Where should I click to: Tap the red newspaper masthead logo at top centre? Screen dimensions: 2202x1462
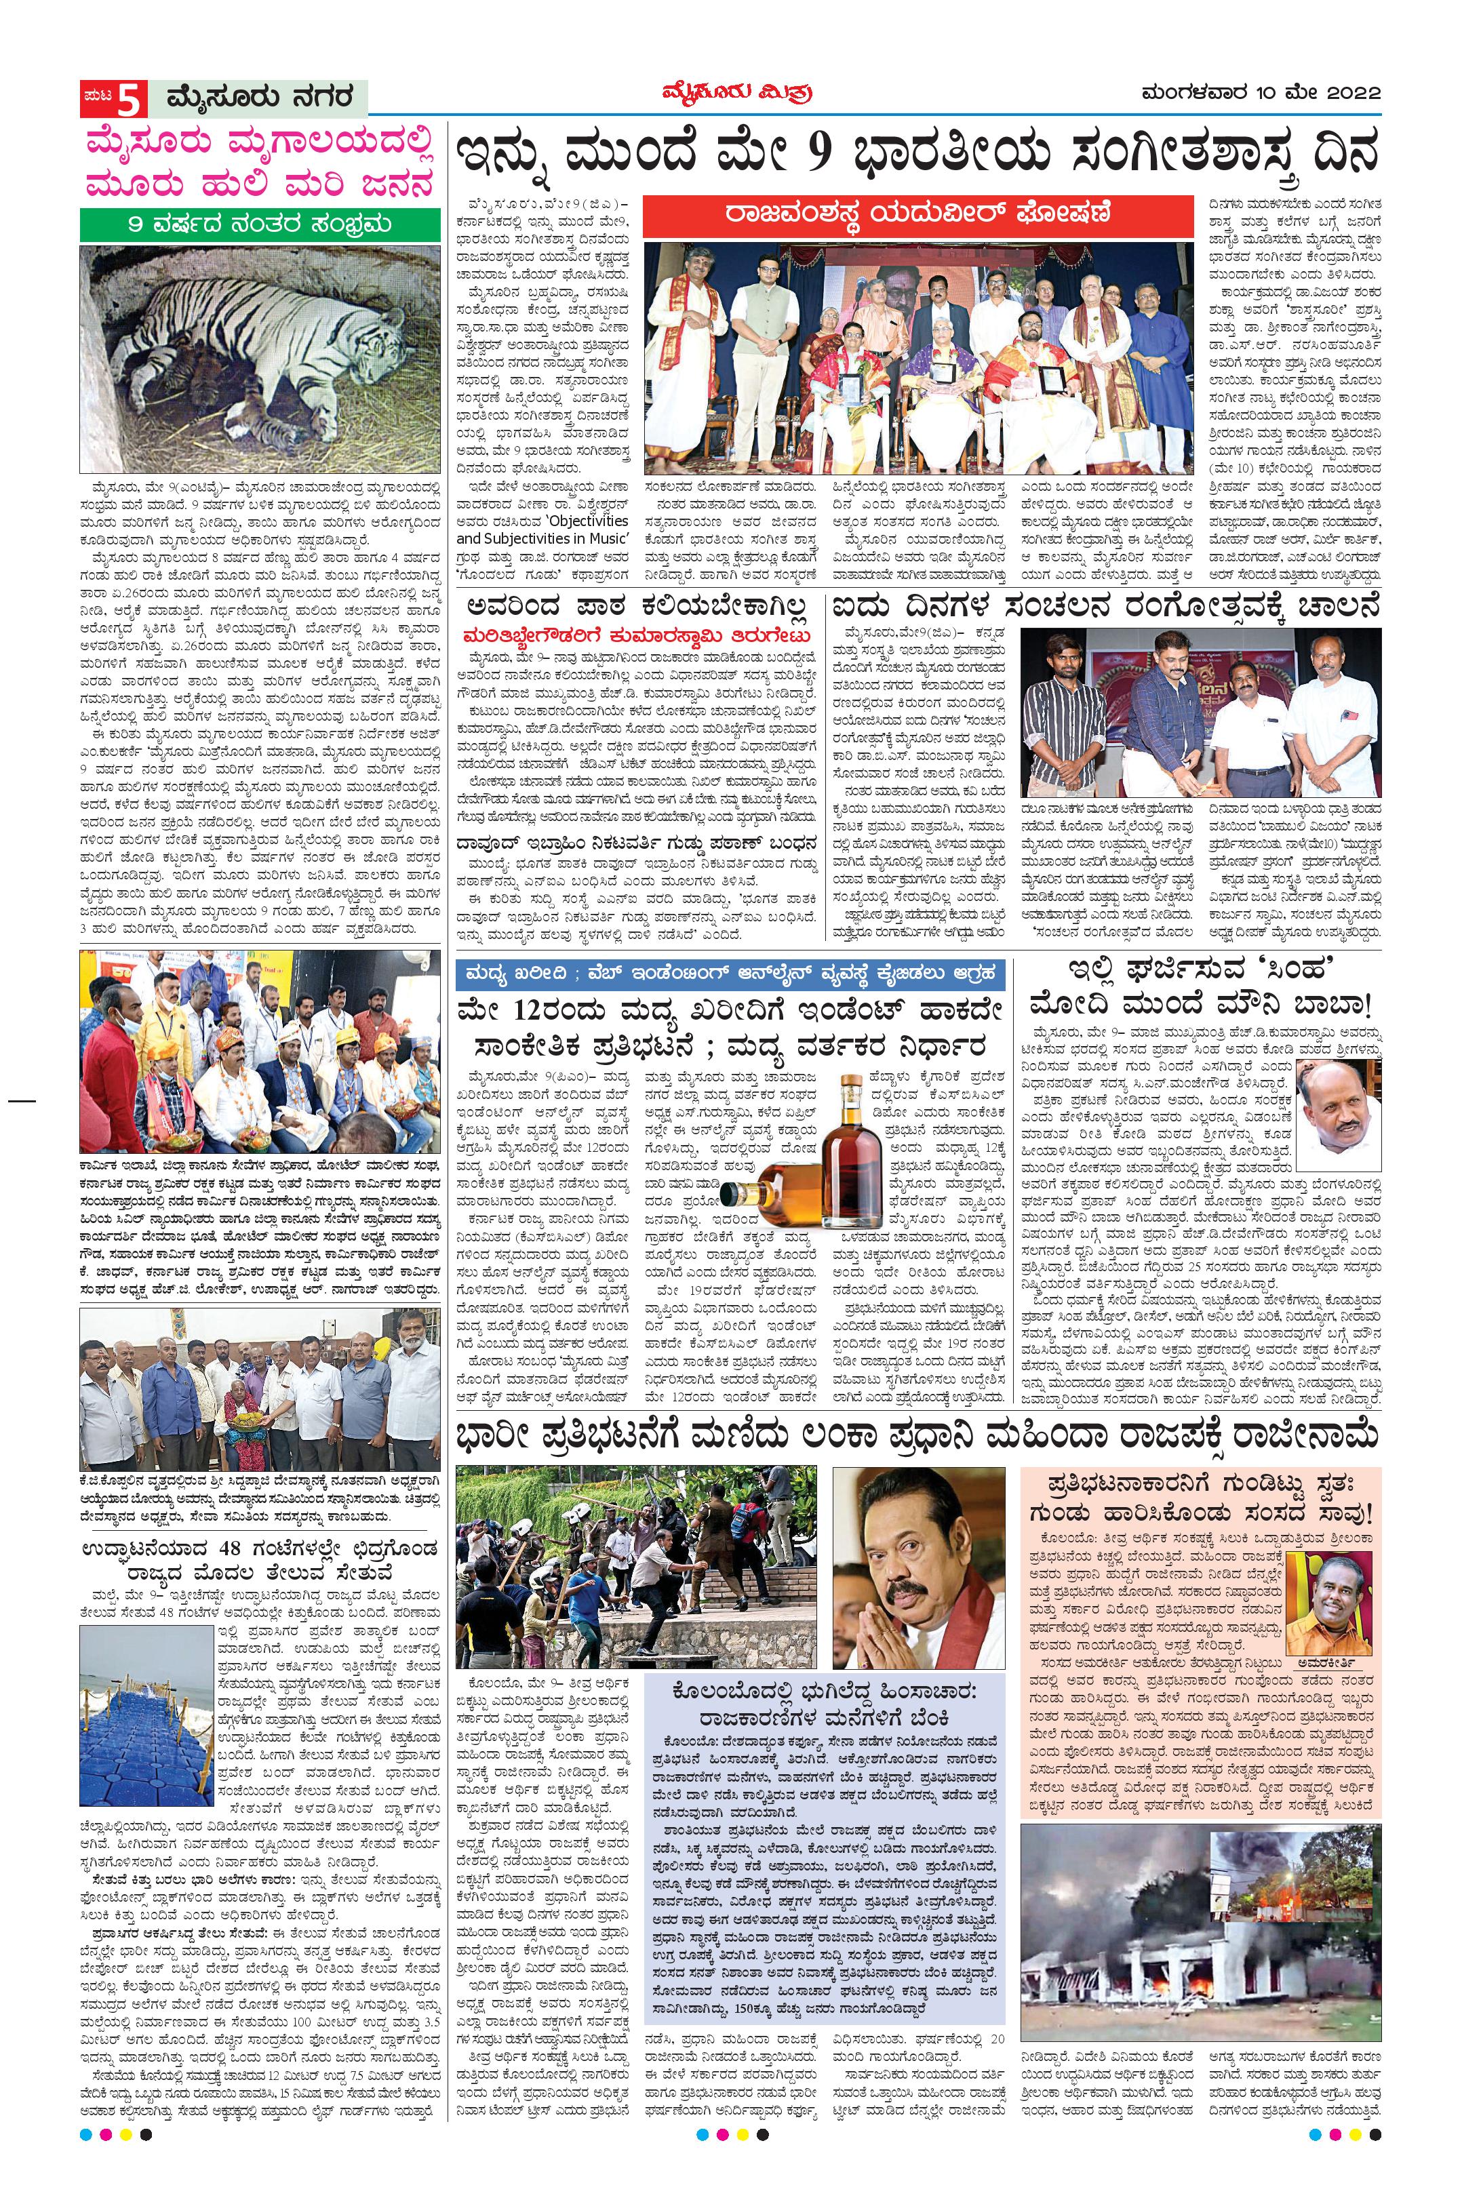click(x=731, y=94)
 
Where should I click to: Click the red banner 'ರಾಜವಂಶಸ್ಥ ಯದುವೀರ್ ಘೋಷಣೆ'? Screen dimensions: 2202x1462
click(x=918, y=213)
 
